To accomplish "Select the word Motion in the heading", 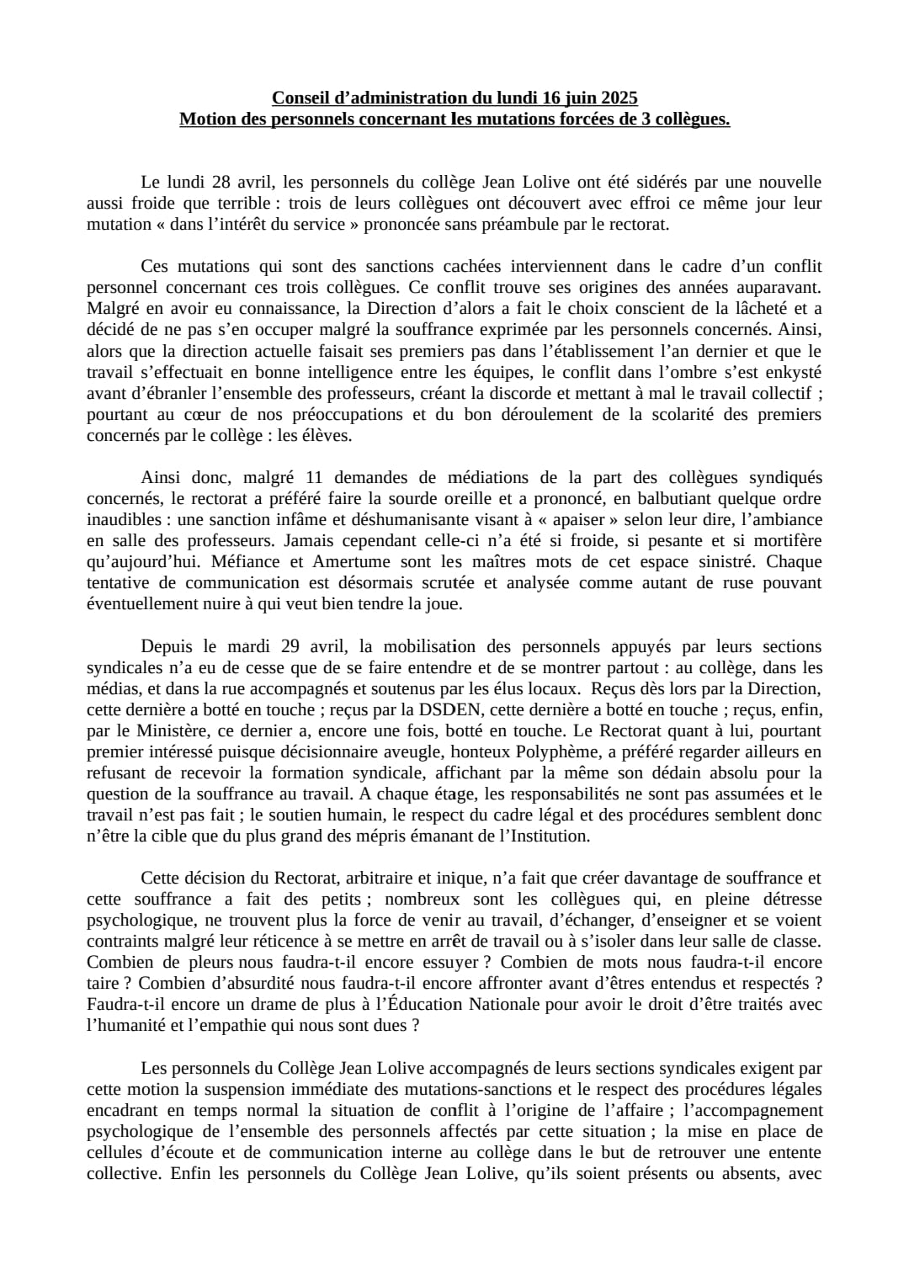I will (x=207, y=119).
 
